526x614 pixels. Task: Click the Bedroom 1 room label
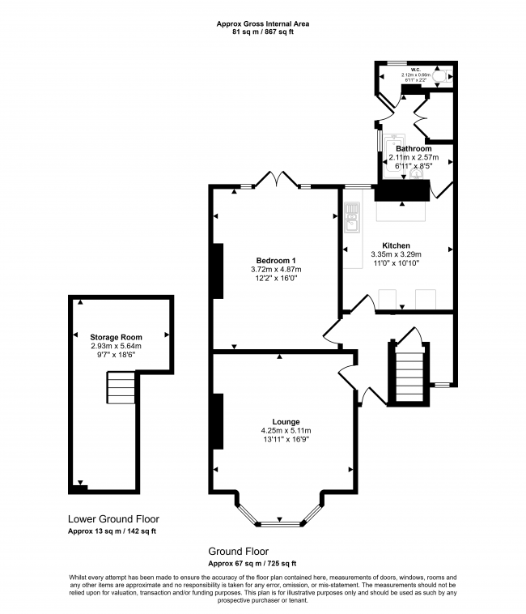click(274, 260)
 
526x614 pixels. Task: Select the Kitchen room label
click(397, 245)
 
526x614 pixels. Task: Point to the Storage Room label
click(117, 336)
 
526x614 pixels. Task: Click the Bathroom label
click(414, 149)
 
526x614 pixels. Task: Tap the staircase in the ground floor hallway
click(406, 373)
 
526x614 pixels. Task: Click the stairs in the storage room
click(121, 388)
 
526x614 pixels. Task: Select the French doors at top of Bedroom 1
click(276, 181)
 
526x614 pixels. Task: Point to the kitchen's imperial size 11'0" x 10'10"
click(397, 263)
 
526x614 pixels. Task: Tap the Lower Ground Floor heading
click(113, 519)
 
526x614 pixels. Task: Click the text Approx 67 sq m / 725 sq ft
click(252, 563)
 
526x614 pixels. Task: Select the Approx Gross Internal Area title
click(262, 23)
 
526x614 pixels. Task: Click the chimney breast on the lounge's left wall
click(218, 421)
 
